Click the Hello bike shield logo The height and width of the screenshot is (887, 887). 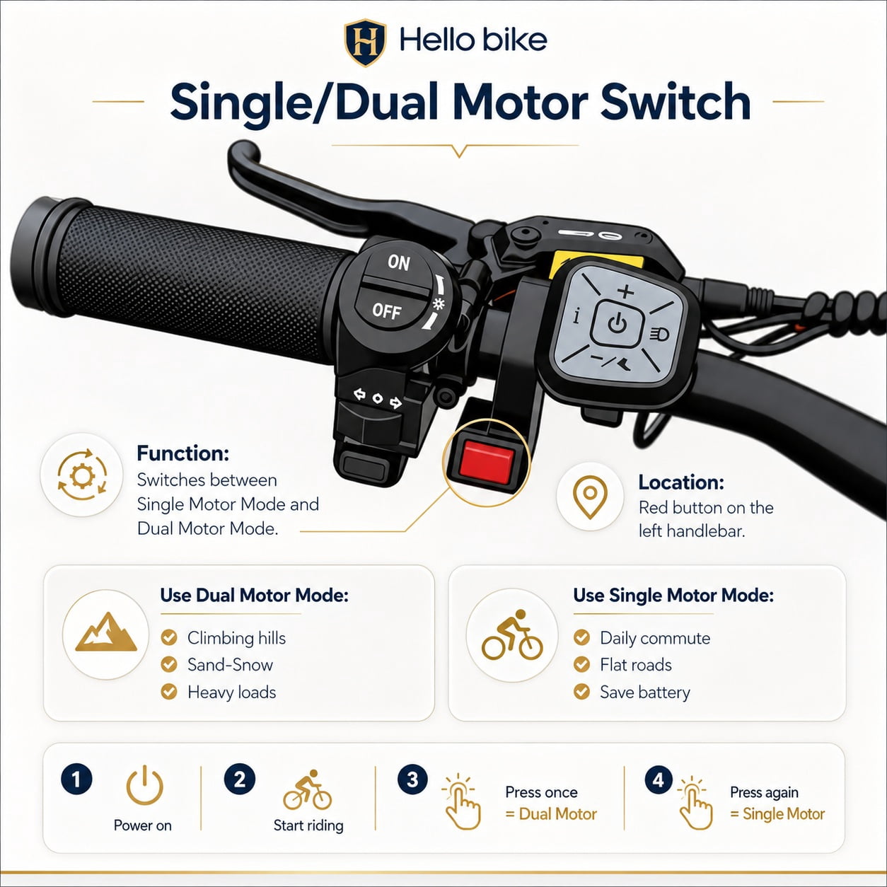point(364,42)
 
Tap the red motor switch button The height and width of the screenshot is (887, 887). point(486,463)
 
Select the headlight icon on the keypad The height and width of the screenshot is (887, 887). point(659,334)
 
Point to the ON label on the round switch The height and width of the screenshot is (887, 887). point(399,262)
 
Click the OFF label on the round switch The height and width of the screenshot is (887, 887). point(387,311)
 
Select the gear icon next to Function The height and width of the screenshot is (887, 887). point(82,475)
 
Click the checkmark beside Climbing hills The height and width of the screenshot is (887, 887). point(169,638)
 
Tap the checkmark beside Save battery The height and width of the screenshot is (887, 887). point(582,692)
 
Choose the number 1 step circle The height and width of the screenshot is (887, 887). point(76,779)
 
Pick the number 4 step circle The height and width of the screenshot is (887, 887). point(659,779)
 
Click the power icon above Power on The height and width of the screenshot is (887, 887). point(144,785)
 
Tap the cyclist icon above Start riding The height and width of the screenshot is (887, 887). point(307,789)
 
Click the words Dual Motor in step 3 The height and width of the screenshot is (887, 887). point(558,814)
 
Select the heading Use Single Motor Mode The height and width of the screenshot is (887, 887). point(673,595)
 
